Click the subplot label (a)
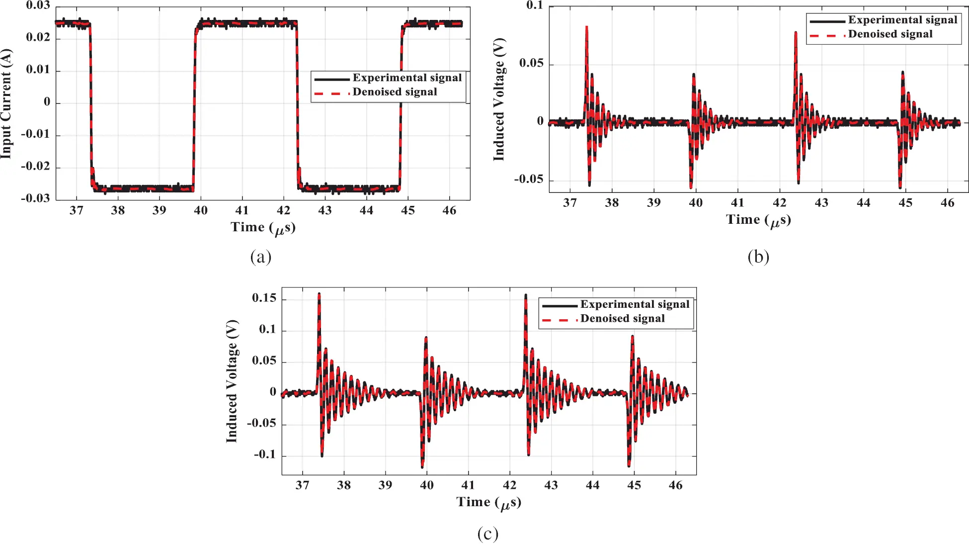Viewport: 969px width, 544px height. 260,257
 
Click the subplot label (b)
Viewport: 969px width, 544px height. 758,257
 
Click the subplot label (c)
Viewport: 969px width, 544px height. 487,534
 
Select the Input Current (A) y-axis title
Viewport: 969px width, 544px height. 6,103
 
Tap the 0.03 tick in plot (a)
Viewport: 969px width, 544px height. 38,5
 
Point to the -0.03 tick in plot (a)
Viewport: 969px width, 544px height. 35,198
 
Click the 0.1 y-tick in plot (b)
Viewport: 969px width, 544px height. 535,5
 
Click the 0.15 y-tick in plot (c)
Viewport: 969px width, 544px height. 264,298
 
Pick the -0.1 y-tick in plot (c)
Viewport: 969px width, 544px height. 264,454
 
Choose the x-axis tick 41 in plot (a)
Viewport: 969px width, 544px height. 242,210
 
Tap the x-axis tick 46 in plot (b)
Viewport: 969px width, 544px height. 947,203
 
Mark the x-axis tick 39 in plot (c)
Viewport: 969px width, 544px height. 385,485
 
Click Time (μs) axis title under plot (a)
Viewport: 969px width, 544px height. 263,228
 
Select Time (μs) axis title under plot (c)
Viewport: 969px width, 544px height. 488,502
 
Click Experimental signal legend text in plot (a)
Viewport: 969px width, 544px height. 407,78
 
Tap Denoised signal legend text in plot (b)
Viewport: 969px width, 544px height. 890,34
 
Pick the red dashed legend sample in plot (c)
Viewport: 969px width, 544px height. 559,319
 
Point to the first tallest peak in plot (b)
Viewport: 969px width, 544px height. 587,27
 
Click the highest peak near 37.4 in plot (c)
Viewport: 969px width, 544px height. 319,294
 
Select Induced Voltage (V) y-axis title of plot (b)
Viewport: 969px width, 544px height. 499,99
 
